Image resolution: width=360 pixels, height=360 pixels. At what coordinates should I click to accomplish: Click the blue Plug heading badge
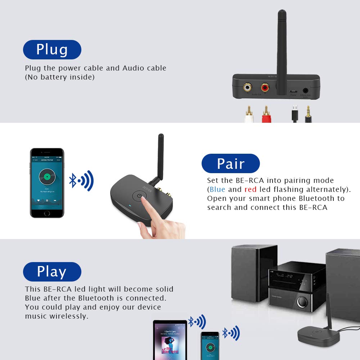coord(52,50)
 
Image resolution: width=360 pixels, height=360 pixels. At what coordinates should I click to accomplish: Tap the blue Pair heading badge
coord(230,163)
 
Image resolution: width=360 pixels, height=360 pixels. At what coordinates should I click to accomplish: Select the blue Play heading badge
coord(52,272)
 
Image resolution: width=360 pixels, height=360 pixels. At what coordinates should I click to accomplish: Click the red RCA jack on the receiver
coord(265,87)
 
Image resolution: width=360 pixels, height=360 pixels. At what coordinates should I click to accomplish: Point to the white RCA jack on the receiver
coord(247,87)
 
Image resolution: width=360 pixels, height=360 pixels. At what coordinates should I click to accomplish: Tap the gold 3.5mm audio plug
coord(308,114)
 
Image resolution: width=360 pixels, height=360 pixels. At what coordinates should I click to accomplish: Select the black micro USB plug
coord(294,114)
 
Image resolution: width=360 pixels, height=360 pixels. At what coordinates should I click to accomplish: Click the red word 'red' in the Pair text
coord(251,189)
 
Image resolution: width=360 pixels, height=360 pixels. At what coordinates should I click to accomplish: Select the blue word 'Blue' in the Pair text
coord(217,189)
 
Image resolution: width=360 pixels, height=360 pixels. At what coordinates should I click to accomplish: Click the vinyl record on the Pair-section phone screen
coord(47,177)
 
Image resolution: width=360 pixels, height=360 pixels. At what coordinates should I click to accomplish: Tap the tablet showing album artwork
coord(170,340)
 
